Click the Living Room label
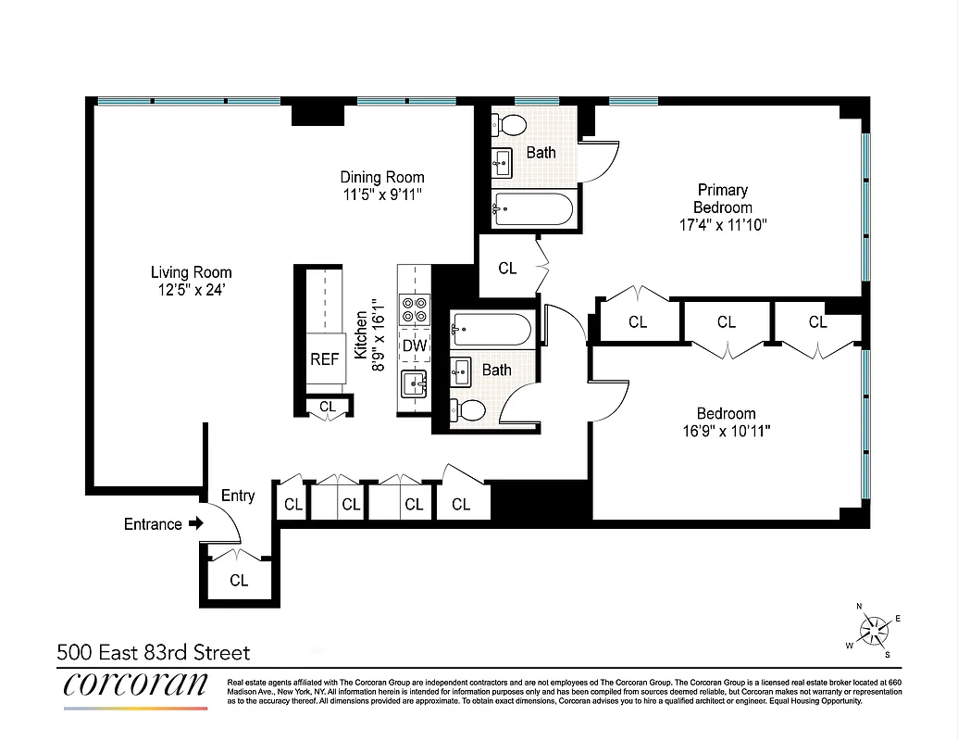point(192,272)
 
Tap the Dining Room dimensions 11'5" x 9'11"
point(382,195)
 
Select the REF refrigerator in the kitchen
point(324,359)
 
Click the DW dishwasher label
point(415,345)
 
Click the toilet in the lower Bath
point(470,408)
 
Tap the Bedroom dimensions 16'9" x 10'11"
point(726,431)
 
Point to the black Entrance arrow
point(195,524)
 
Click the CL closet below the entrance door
point(239,581)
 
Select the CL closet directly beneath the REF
point(328,407)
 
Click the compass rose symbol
point(874,632)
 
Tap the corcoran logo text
point(135,685)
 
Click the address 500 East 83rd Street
point(154,653)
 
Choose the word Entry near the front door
point(238,496)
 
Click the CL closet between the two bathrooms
point(507,269)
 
